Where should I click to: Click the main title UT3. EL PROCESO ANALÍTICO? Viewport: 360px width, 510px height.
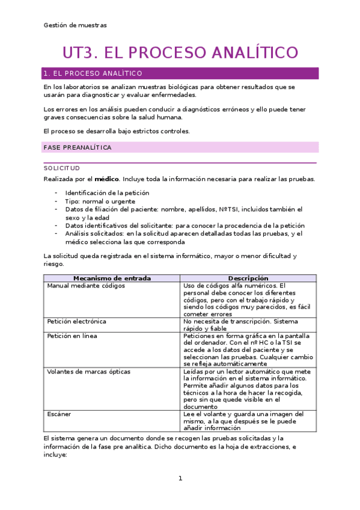tap(180, 52)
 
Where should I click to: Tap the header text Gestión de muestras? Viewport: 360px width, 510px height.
tap(75, 25)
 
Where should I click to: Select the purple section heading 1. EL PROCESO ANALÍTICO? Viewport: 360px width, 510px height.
tap(93, 73)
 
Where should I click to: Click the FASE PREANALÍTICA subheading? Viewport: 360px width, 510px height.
tap(77, 147)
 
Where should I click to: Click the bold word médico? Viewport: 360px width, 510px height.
tap(107, 179)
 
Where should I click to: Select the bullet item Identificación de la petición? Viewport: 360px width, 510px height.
tap(107, 193)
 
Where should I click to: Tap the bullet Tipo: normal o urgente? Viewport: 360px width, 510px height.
tap(100, 201)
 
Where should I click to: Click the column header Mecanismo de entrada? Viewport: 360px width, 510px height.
tap(112, 278)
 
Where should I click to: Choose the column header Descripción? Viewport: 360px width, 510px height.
tap(248, 278)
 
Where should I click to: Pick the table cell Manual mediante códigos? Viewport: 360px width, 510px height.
tap(86, 286)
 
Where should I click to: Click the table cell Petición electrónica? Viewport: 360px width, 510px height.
tap(77, 322)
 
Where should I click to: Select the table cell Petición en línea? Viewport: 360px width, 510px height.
tap(72, 336)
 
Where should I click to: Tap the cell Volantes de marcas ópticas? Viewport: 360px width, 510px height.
tap(88, 372)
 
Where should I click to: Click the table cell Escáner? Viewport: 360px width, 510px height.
tap(59, 414)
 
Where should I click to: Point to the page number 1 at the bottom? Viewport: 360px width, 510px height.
tap(180, 478)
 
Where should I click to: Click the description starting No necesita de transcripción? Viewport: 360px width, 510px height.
tap(240, 325)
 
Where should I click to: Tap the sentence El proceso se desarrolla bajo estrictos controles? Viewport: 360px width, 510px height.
tap(117, 131)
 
